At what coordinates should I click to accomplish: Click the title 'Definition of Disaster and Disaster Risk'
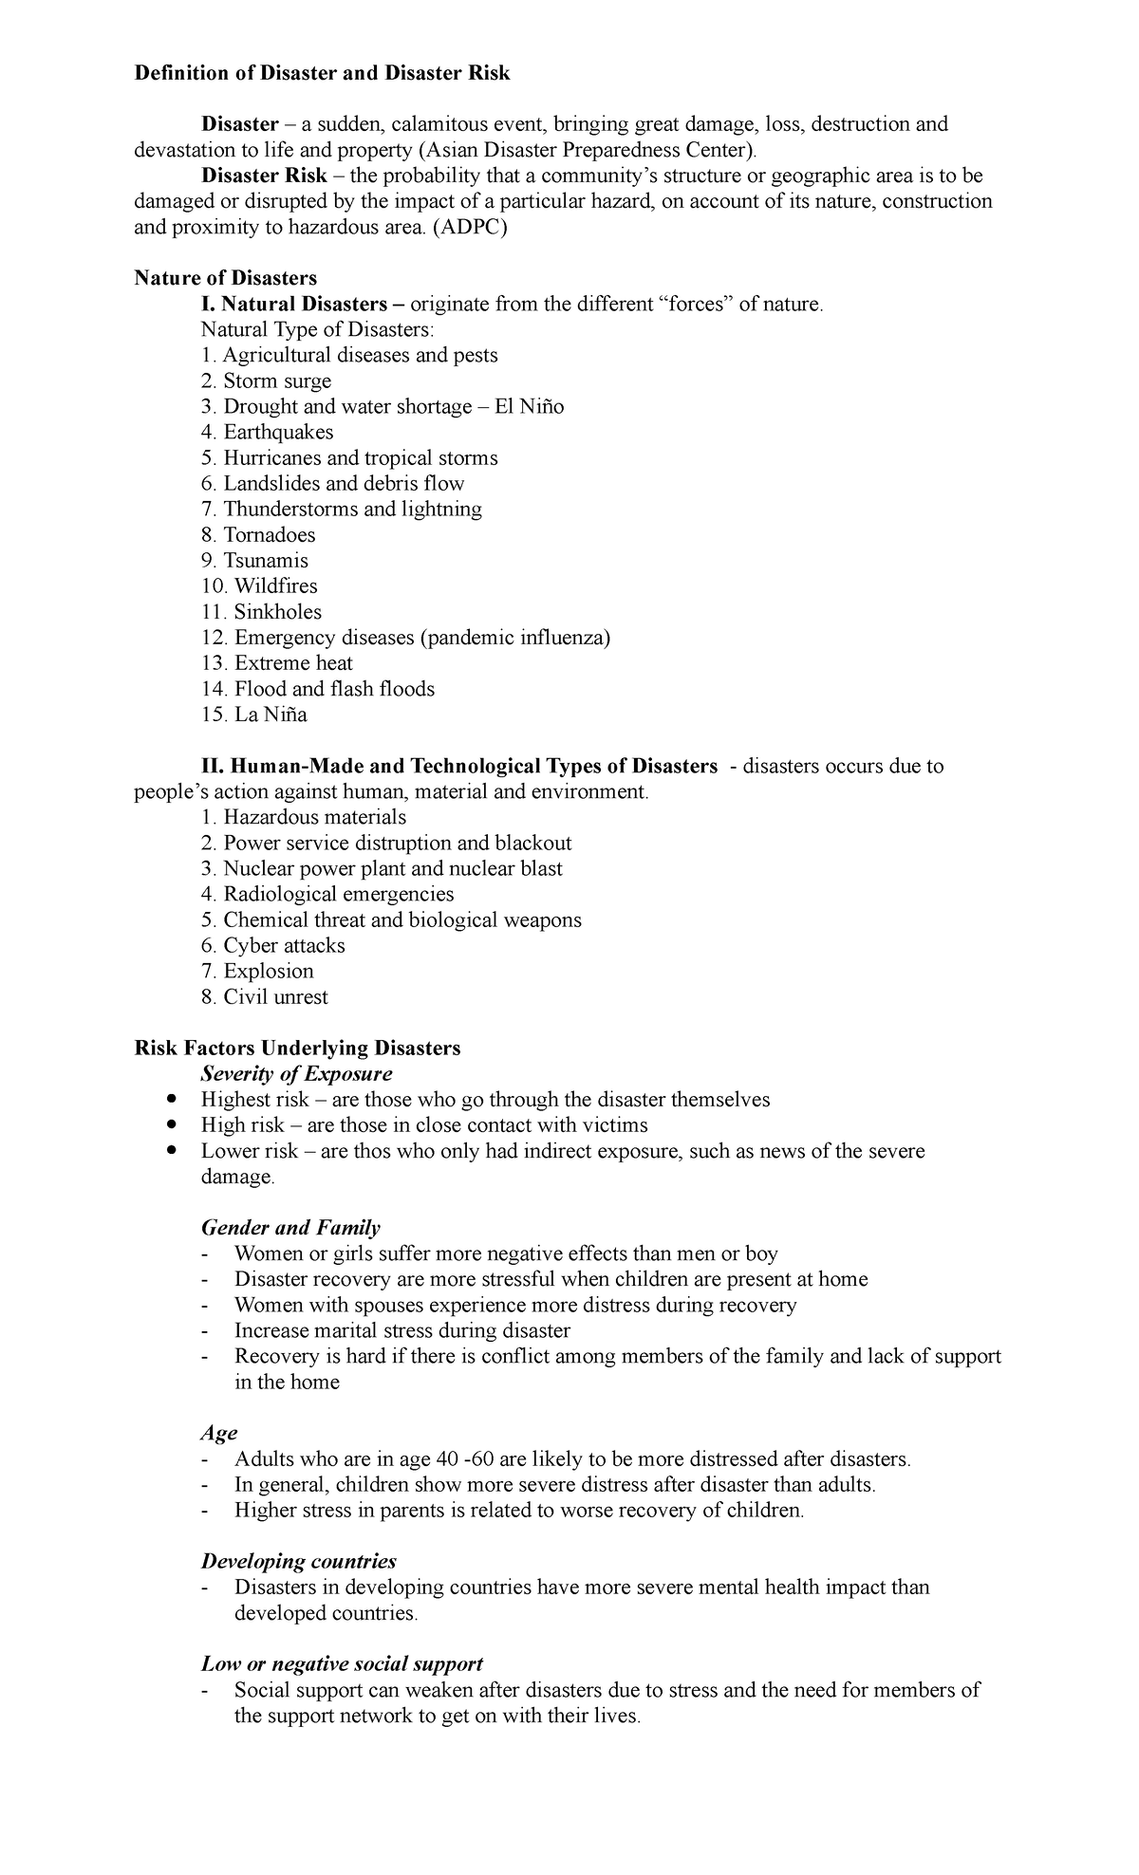(322, 73)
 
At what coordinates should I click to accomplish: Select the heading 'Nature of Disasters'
(225, 278)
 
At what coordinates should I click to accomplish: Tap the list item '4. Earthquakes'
(267, 432)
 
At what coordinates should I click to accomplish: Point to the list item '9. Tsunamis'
(254, 560)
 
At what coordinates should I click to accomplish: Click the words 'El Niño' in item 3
(529, 406)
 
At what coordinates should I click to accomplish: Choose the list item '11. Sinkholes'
(261, 611)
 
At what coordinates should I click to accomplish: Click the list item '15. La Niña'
(253, 714)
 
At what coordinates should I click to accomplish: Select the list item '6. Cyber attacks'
(272, 945)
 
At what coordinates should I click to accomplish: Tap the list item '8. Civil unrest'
(264, 996)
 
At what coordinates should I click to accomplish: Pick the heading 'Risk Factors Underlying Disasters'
(297, 1048)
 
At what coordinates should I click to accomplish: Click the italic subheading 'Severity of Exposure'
(296, 1073)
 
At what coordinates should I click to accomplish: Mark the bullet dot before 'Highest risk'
(171, 1099)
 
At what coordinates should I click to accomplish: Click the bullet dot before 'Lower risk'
(171, 1150)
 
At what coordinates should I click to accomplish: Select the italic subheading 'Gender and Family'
(290, 1227)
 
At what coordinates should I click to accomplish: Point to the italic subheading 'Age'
(218, 1432)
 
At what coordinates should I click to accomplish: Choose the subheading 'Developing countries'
(298, 1561)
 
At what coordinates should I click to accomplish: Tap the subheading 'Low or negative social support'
(342, 1663)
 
